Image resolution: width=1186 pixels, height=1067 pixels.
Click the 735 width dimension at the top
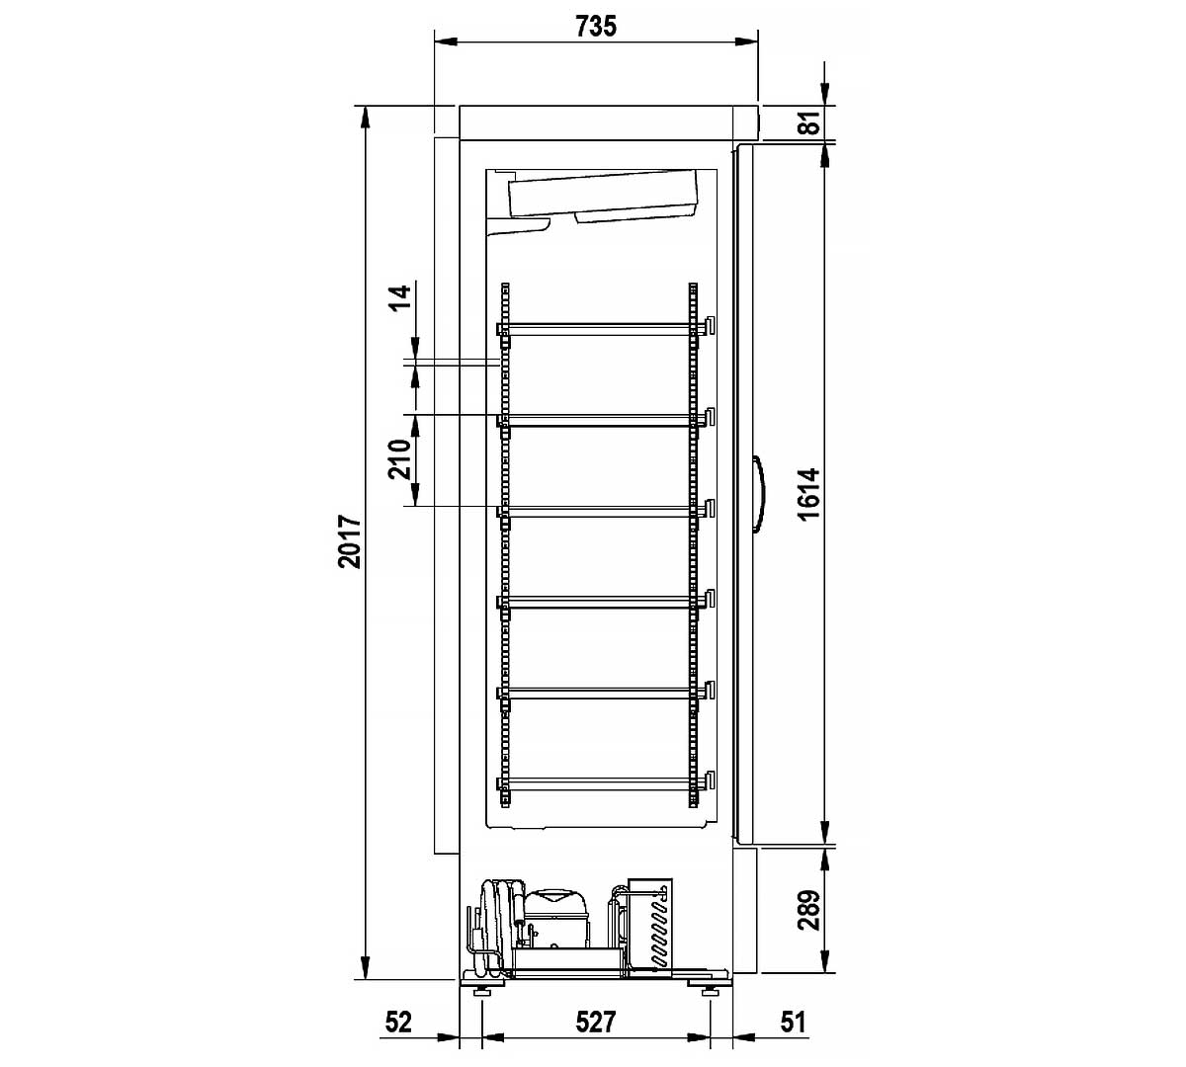[596, 26]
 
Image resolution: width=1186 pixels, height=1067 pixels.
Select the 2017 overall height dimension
[350, 541]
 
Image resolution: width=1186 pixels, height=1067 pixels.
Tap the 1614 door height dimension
[809, 494]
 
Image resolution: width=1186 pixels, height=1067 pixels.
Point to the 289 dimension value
[809, 910]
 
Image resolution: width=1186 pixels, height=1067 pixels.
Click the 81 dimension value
[810, 123]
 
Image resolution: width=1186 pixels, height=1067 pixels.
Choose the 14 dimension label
[401, 297]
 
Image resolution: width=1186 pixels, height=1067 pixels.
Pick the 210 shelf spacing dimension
[399, 458]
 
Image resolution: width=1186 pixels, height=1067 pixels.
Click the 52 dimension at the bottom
[398, 1023]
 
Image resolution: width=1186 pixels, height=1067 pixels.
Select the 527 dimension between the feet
[596, 1023]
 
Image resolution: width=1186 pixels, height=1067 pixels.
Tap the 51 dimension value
[793, 1023]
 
